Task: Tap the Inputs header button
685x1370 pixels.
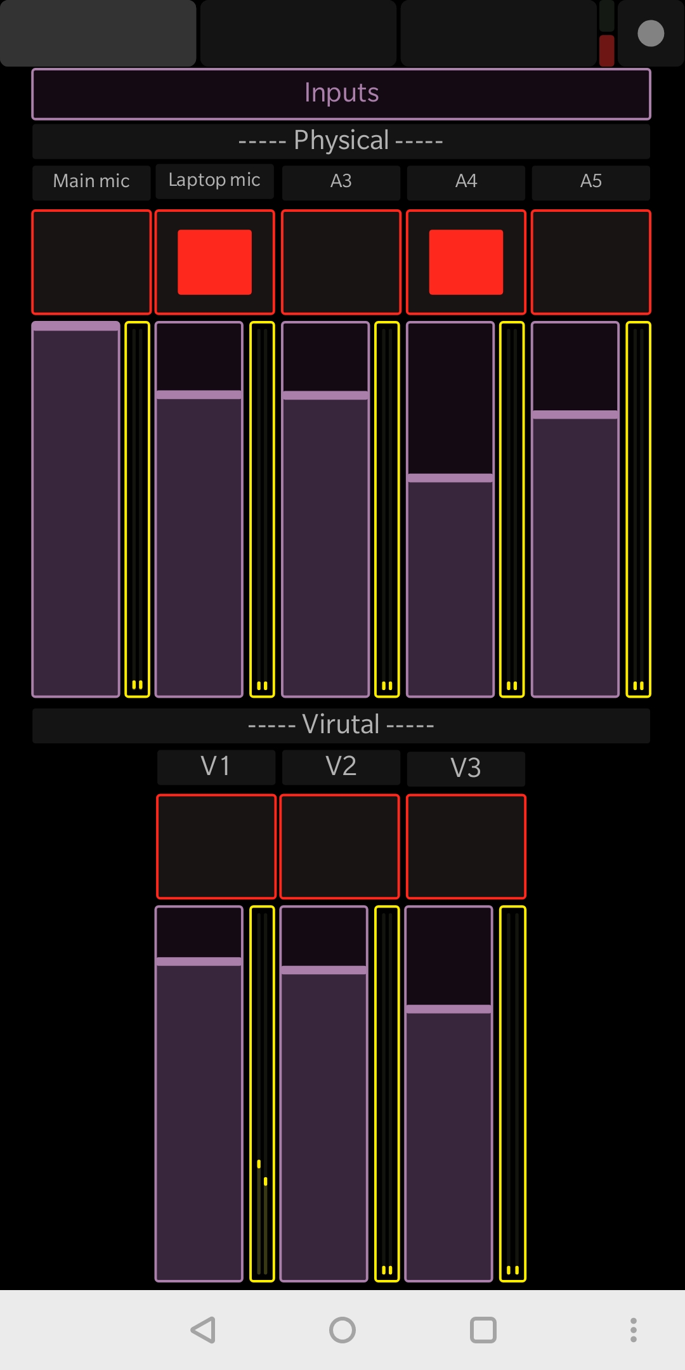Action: (x=341, y=93)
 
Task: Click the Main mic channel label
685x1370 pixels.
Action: (x=91, y=181)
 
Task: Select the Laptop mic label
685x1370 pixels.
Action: (x=214, y=181)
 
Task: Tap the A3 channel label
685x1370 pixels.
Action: (x=341, y=181)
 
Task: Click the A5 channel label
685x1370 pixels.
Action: (x=590, y=181)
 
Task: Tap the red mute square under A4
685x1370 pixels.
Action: (x=466, y=262)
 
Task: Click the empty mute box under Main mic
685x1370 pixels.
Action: (x=91, y=262)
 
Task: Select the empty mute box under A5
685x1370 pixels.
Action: (x=590, y=262)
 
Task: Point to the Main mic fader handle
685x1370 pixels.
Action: (x=76, y=327)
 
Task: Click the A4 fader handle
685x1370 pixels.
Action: (x=450, y=478)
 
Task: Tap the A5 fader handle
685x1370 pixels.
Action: (x=575, y=415)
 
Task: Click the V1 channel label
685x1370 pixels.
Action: (x=216, y=766)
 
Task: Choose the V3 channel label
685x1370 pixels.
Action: (x=466, y=767)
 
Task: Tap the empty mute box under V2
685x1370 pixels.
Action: (x=340, y=846)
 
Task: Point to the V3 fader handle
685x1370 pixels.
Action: (x=449, y=1009)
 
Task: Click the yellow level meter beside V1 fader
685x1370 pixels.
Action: (x=262, y=1094)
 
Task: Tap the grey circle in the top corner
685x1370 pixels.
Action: (x=651, y=34)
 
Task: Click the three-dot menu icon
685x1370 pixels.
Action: (x=633, y=1330)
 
